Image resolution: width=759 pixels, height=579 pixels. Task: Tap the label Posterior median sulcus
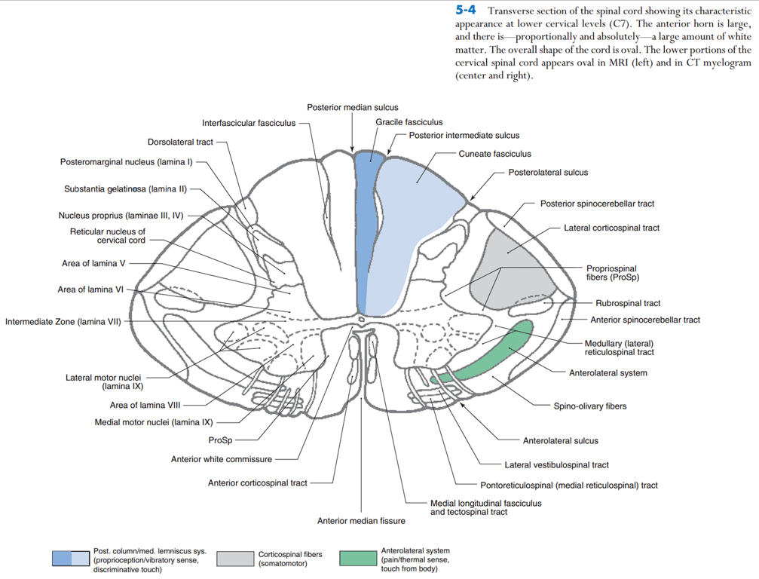point(352,108)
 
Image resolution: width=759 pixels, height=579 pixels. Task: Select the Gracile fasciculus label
point(409,122)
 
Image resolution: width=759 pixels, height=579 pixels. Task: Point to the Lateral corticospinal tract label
point(611,228)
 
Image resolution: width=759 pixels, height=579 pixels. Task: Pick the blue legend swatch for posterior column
point(71,559)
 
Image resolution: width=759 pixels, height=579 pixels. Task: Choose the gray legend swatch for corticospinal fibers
point(235,559)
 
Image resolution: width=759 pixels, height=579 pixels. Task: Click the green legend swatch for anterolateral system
point(358,559)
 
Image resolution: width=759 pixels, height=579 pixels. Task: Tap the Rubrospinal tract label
point(628,303)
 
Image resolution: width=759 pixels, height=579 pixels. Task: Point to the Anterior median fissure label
point(360,521)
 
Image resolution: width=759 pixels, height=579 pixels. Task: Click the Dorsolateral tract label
point(180,142)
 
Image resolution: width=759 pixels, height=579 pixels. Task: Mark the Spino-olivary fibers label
point(590,406)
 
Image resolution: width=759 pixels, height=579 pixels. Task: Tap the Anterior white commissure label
point(222,459)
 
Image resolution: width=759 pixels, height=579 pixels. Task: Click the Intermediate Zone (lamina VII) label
point(63,322)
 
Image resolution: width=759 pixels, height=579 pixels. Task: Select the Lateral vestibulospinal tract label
point(556,465)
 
